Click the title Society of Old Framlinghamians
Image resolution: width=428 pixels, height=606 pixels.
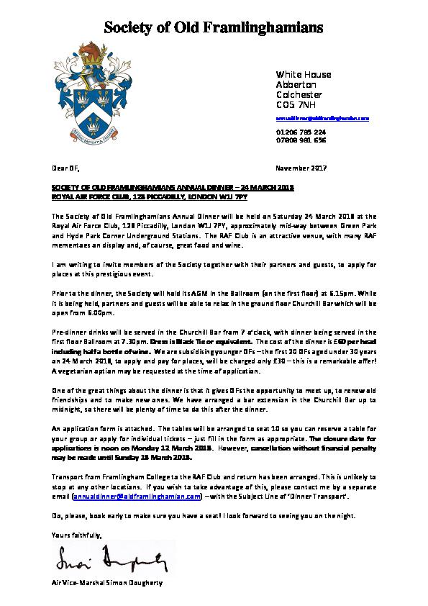(214, 28)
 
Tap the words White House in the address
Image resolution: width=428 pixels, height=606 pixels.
(294, 74)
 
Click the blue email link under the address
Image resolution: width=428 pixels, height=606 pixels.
(322, 117)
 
